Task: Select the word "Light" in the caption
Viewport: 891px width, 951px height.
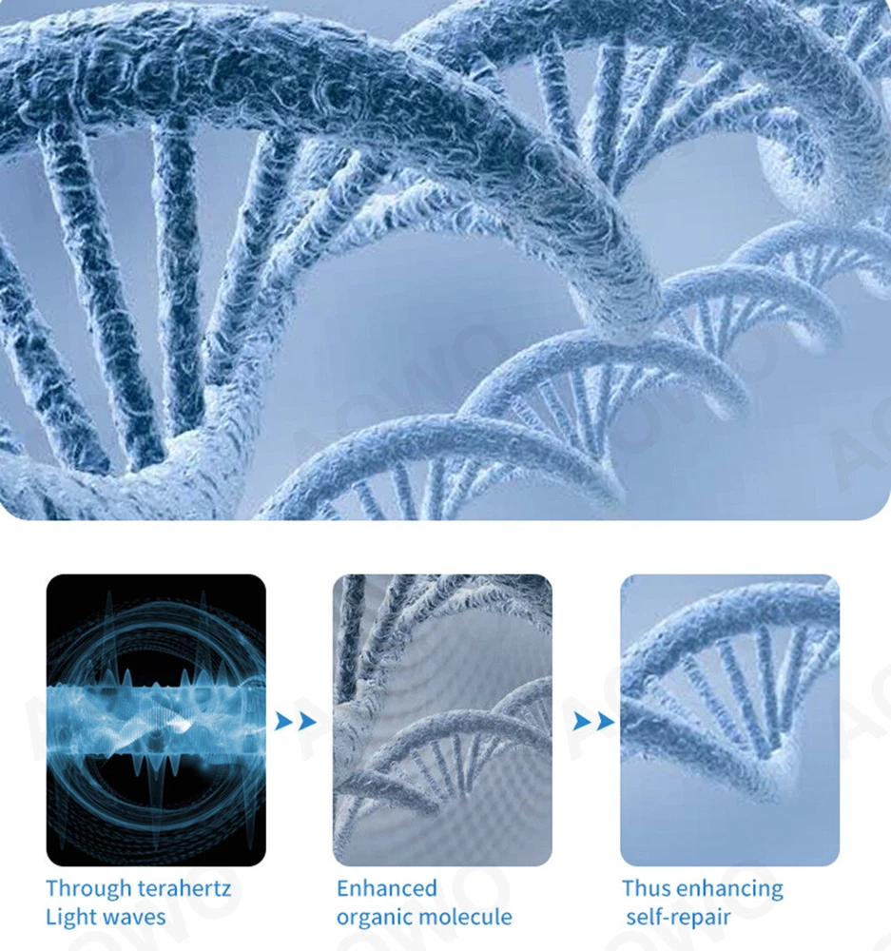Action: (68, 917)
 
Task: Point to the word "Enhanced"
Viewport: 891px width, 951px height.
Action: (387, 888)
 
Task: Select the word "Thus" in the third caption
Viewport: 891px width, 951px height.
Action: (647, 888)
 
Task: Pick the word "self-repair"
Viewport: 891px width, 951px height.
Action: (678, 918)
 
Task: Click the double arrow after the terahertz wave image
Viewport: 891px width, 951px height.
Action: (296, 722)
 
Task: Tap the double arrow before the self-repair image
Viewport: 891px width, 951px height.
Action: (593, 722)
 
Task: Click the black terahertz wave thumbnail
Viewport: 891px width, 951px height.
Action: (156, 720)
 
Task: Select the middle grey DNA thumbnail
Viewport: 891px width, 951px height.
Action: (442, 720)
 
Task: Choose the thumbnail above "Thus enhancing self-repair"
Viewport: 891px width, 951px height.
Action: (729, 720)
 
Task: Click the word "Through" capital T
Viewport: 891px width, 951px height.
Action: (52, 888)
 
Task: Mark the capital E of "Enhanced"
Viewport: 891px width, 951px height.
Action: (343, 888)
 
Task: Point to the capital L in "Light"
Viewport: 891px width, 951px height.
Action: (51, 917)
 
